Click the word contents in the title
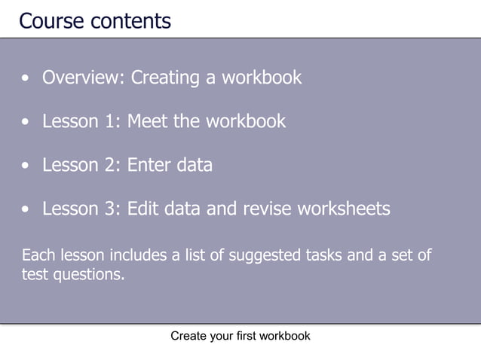[130, 20]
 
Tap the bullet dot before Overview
[27, 78]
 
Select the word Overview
[84, 78]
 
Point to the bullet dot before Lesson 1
[27, 122]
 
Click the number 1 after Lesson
[111, 121]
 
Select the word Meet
[148, 121]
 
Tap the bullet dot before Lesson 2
[27, 166]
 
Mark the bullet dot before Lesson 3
[27, 209]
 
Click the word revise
[265, 209]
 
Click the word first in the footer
[244, 337]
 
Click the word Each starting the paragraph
[38, 255]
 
